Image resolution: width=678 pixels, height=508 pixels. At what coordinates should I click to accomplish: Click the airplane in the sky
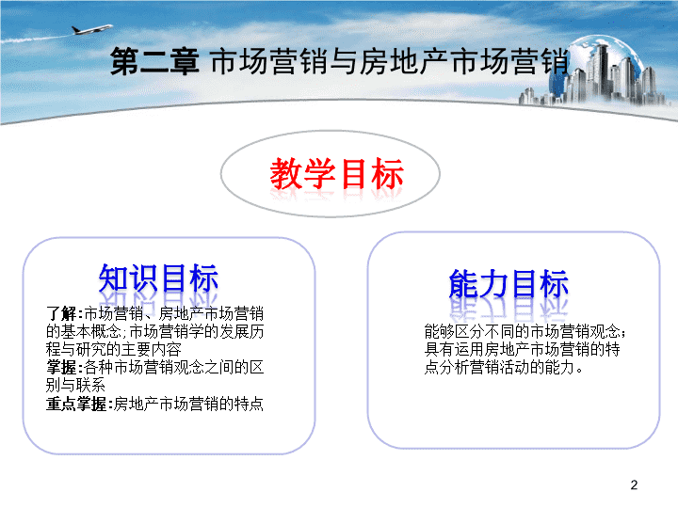pos(91,29)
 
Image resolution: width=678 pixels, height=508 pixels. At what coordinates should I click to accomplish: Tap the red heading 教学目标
pos(337,174)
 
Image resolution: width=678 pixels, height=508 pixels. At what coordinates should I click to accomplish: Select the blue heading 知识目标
pos(158,278)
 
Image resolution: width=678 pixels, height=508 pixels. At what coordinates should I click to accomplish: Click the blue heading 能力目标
pos(508,284)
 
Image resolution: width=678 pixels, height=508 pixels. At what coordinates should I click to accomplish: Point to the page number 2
pos(634,484)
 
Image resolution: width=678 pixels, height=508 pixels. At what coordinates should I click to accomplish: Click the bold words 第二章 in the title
pos(154,61)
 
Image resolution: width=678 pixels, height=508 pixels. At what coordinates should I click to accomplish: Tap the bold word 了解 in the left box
pos(62,313)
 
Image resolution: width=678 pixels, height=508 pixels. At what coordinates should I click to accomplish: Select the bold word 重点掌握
pos(76,404)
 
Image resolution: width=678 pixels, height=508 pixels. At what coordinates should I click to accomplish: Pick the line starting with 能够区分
pos(525,331)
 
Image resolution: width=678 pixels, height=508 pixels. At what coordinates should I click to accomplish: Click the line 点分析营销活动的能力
pos(503,367)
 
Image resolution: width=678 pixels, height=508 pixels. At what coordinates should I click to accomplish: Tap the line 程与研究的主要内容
pos(114,349)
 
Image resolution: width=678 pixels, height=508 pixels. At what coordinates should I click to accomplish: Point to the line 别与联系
pos(75,385)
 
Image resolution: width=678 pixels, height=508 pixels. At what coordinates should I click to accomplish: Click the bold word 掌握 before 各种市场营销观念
pos(62,367)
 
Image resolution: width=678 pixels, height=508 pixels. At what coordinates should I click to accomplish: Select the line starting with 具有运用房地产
pos(523,349)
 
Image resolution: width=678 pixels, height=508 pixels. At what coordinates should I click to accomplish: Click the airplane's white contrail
pos(37,39)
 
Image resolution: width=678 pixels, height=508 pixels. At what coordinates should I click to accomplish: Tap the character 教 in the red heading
pos(286,174)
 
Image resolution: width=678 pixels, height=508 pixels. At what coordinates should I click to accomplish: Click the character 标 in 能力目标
pos(554,284)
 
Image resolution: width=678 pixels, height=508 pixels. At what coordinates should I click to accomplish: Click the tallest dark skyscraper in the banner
pos(602,71)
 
